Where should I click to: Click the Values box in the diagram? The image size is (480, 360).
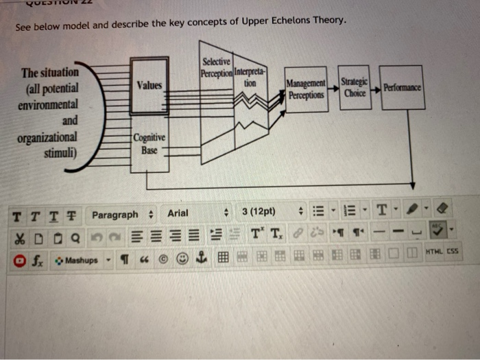coord(149,86)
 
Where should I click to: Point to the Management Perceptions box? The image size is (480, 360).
coord(305,91)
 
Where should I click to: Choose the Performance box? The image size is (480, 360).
coord(403,88)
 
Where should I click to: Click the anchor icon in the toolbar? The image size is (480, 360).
coord(202,260)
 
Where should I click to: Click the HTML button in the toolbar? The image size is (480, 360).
coord(433,252)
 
